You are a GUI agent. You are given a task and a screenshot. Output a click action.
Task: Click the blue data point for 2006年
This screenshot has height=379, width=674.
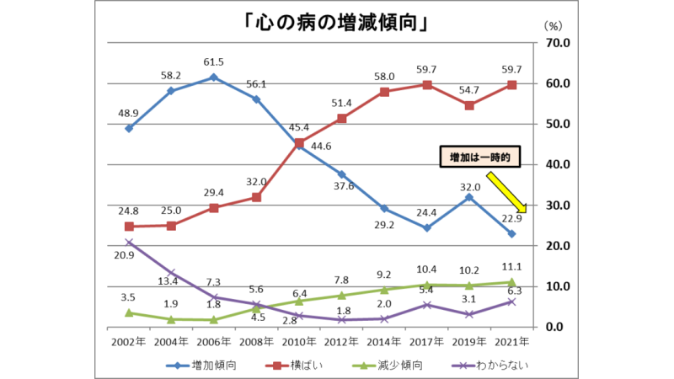click(x=214, y=77)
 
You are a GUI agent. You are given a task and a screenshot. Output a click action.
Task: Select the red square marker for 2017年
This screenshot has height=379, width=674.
click(x=428, y=84)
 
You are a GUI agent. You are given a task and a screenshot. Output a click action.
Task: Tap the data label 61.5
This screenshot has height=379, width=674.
click(x=214, y=61)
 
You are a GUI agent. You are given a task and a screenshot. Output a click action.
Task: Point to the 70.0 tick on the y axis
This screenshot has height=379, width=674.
click(x=558, y=43)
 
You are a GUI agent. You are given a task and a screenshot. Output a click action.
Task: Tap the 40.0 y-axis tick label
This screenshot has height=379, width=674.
click(x=558, y=165)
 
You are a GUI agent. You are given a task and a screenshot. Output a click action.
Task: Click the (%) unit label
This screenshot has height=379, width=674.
click(x=555, y=27)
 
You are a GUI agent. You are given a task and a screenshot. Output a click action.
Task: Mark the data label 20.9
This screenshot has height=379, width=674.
click(x=129, y=257)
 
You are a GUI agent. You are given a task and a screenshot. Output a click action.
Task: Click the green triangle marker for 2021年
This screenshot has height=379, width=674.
click(x=511, y=282)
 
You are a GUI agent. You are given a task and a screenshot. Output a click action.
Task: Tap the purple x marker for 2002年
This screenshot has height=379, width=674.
click(x=129, y=243)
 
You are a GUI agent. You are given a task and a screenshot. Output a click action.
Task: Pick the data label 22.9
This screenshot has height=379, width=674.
click(x=511, y=219)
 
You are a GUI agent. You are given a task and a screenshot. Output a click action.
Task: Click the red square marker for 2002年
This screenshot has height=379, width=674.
click(x=129, y=227)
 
